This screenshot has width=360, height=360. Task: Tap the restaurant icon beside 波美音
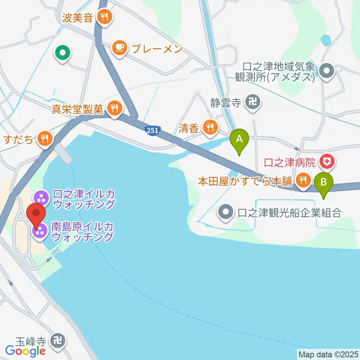(104, 17)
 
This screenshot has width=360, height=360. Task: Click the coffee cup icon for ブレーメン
(120, 48)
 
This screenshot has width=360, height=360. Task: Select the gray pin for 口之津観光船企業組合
(226, 212)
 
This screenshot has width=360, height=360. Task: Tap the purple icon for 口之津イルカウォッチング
(40, 198)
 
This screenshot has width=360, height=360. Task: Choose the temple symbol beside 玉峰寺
(59, 341)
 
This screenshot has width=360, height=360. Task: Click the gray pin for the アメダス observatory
(327, 70)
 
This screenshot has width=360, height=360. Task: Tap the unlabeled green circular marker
(63, 53)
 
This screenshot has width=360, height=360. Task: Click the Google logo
(25, 351)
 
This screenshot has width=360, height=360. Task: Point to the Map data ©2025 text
(327, 354)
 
